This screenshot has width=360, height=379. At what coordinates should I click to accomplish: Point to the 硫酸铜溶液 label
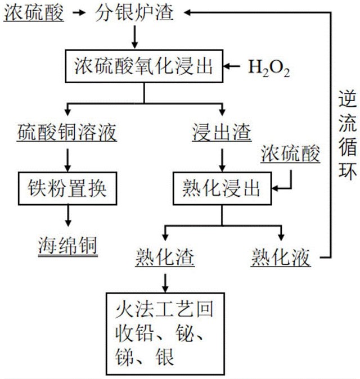click(x=67, y=133)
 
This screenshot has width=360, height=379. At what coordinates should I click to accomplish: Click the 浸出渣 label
click(x=222, y=133)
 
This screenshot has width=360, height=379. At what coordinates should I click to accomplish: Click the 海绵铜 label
click(x=69, y=245)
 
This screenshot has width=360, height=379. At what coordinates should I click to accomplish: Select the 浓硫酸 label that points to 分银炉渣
click(x=34, y=12)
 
